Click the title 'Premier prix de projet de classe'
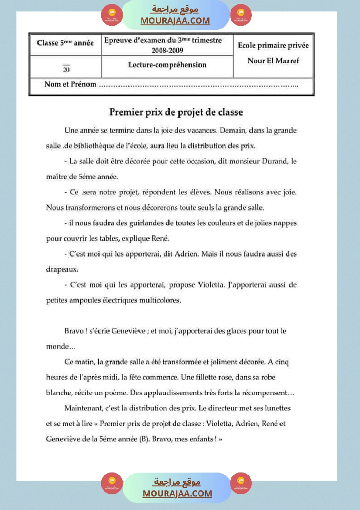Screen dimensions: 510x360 (x=176, y=113)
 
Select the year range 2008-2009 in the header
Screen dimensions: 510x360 (x=163, y=50)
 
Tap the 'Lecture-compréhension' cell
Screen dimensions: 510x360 (x=167, y=65)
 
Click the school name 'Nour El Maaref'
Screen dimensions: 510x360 (x=273, y=61)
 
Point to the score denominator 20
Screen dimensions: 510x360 (x=66, y=69)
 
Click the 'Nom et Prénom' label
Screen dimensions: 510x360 (x=70, y=84)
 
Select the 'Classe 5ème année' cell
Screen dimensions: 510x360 (x=65, y=43)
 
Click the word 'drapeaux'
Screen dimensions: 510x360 (x=62, y=269)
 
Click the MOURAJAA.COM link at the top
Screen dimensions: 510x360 (x=175, y=21)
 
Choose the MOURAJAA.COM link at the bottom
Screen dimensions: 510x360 (x=177, y=493)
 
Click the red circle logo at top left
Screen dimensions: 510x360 (x=112, y=15)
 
